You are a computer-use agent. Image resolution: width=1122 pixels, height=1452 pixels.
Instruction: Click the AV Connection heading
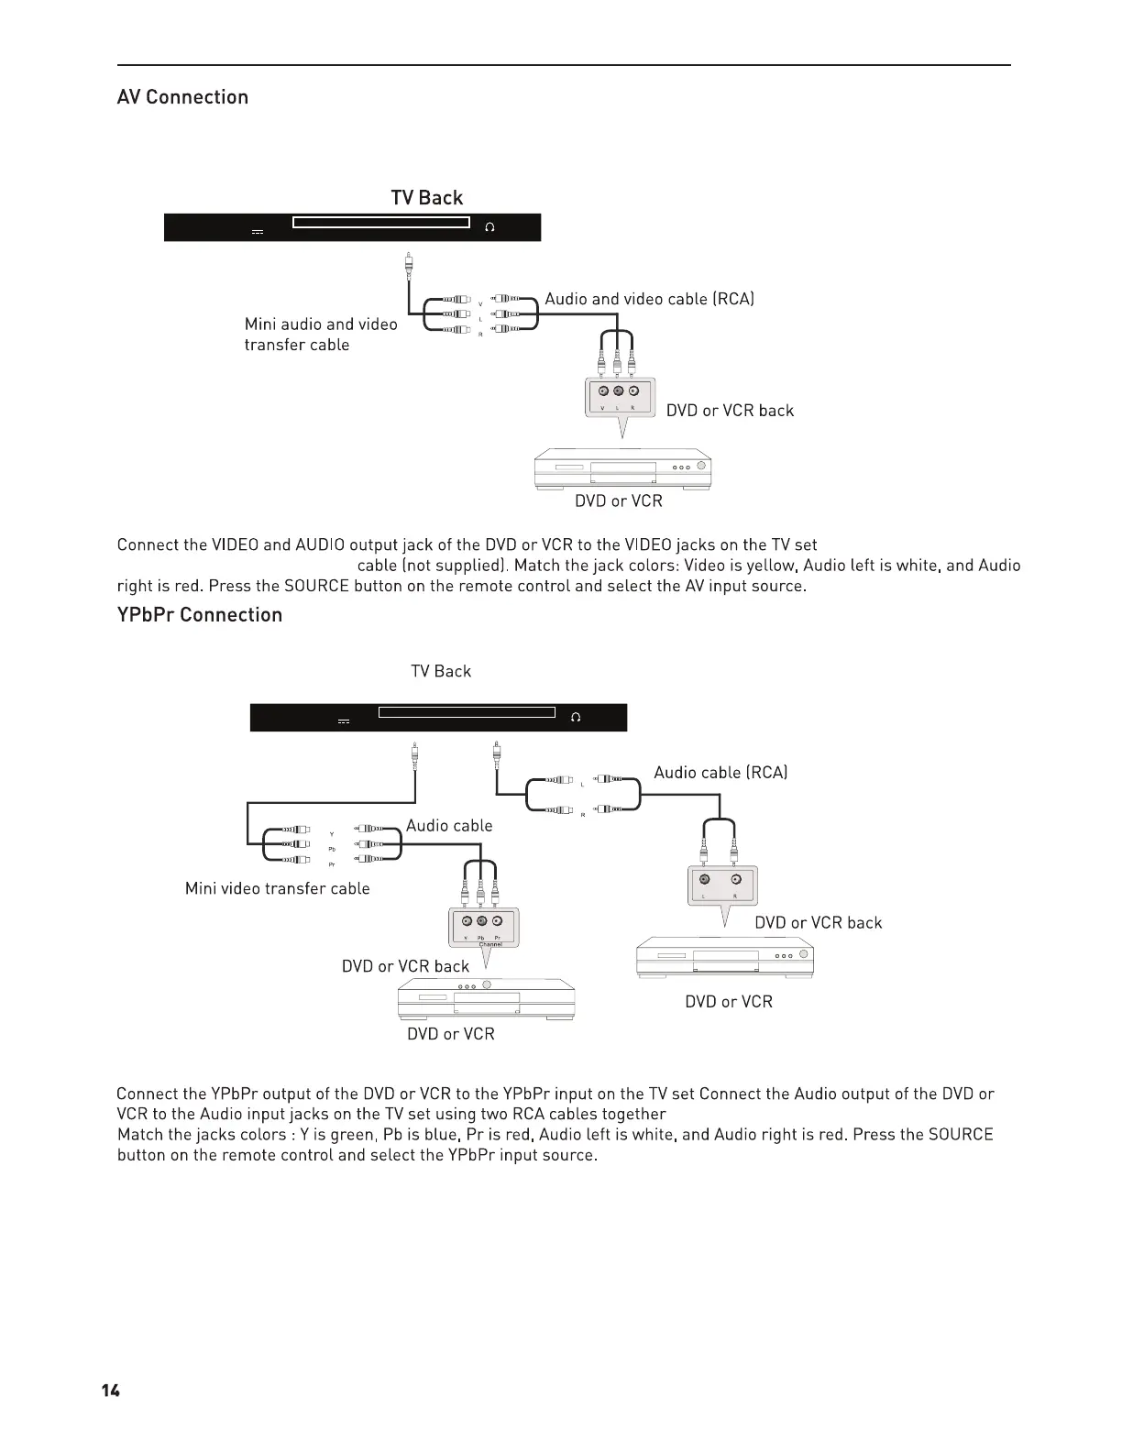182,97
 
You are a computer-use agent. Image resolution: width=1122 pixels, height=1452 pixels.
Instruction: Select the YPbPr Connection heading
200,614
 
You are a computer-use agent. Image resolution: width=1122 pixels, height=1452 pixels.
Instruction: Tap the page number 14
110,1391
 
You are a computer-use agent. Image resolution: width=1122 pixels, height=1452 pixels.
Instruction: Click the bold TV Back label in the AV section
427,198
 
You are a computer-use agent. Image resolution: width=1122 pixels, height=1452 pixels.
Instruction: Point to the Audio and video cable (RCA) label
649,299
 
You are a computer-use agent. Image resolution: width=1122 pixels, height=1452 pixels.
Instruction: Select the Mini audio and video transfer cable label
320,335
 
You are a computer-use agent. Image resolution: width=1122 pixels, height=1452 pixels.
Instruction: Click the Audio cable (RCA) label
720,773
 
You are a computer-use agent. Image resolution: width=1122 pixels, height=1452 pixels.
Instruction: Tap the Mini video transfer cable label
277,888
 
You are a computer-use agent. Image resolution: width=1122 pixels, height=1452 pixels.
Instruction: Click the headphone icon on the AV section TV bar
489,227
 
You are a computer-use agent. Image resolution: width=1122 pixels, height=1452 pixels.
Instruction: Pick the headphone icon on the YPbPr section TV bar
576,717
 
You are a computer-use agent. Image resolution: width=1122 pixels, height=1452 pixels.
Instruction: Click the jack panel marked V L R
619,397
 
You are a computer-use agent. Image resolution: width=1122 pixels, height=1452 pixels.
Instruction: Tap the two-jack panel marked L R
721,885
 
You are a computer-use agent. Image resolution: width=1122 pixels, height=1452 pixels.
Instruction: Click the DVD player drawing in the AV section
622,468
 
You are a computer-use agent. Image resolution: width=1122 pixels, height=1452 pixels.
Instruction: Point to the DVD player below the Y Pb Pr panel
486,998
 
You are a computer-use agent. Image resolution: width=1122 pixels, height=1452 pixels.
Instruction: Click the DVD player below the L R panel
724,958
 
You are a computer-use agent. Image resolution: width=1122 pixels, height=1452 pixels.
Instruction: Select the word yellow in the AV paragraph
773,566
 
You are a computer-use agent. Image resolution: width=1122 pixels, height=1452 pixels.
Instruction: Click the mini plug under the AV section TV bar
409,266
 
